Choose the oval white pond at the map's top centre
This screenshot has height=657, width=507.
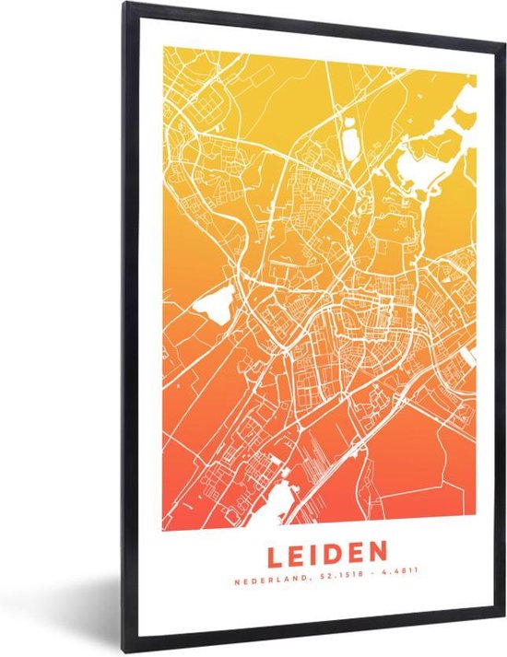(351, 143)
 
